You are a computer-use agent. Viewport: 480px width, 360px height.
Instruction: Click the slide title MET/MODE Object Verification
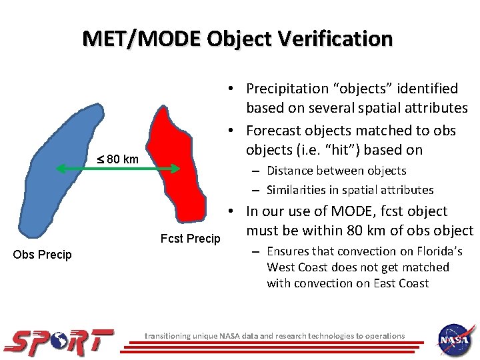coord(238,38)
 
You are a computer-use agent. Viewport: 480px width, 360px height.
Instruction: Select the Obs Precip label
coord(42,255)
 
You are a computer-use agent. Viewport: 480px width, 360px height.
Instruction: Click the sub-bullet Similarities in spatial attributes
coord(350,190)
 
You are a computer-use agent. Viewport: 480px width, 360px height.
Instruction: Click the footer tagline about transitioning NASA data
coord(275,336)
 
